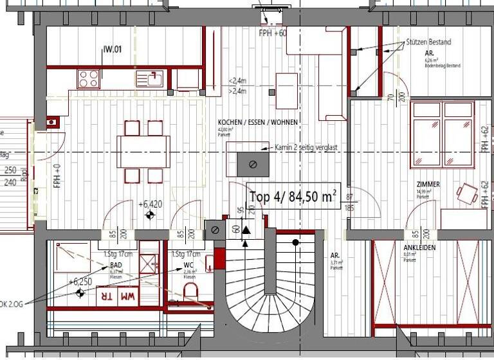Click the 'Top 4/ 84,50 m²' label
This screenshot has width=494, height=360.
coord(293,197)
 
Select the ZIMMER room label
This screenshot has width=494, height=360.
coord(428,184)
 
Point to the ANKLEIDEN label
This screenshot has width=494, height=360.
coord(419,248)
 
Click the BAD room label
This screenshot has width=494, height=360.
coord(116,265)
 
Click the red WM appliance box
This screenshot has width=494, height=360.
coord(128,296)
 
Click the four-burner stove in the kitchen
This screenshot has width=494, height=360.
coord(89,78)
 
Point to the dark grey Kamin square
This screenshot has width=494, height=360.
coord(253,164)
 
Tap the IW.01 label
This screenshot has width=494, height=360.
coord(113,48)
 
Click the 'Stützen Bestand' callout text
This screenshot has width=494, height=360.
coord(428,42)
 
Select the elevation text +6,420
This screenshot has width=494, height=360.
coord(149,204)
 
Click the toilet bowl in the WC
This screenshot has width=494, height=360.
coord(191,292)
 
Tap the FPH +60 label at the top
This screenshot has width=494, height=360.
coord(273,33)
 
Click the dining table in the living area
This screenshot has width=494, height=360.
coord(143,151)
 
